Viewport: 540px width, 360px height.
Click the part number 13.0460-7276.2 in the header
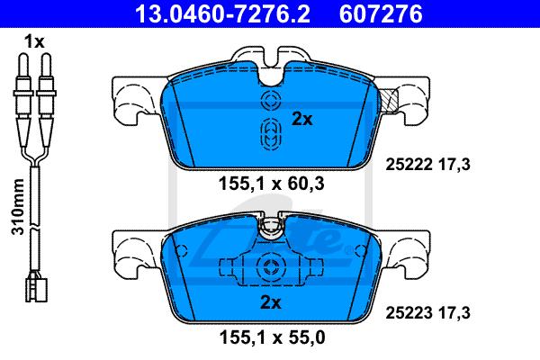click(x=222, y=13)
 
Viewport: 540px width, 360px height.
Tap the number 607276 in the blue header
click(x=381, y=13)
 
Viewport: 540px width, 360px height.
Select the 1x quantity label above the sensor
click(x=34, y=42)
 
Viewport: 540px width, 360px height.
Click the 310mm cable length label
click(x=18, y=207)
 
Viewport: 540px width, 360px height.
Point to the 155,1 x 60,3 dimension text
click(x=272, y=184)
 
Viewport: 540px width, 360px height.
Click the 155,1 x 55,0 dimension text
click(x=272, y=337)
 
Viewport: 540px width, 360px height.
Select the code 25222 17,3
click(x=427, y=165)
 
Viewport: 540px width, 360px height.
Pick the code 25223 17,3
click(x=427, y=313)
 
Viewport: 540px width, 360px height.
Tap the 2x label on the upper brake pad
click(x=302, y=119)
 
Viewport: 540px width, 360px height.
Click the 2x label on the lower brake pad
click(x=271, y=302)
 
